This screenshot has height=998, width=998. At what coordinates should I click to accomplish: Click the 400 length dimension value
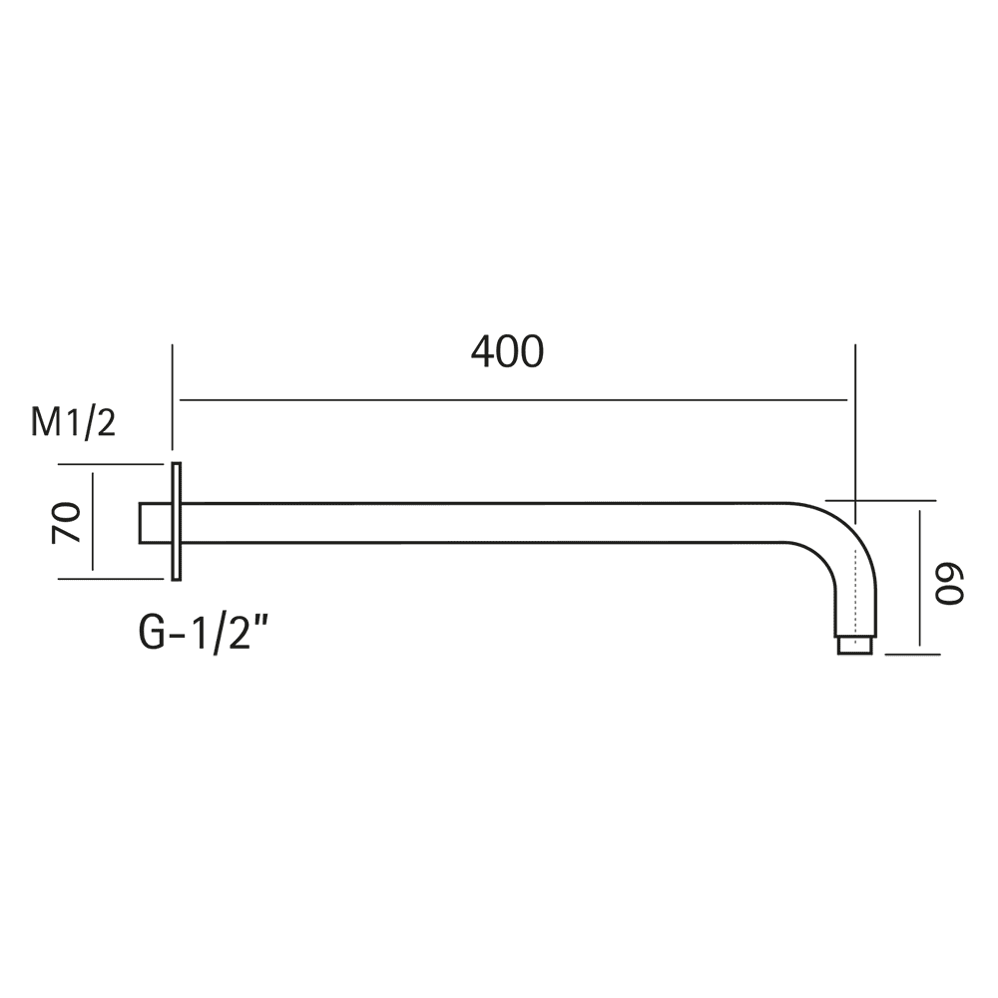pos(507,352)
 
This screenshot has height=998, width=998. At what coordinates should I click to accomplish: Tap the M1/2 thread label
pos(73,422)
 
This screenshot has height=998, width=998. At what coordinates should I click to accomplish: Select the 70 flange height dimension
pos(67,523)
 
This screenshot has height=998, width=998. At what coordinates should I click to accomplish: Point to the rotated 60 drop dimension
pos(950,583)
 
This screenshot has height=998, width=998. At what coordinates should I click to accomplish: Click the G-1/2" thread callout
pos(203,634)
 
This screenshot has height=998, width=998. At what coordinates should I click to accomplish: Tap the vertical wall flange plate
pos(177,521)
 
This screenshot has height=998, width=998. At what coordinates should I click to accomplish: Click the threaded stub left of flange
pos(156,523)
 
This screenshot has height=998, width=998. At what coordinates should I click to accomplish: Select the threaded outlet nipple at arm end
pos(855,645)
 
